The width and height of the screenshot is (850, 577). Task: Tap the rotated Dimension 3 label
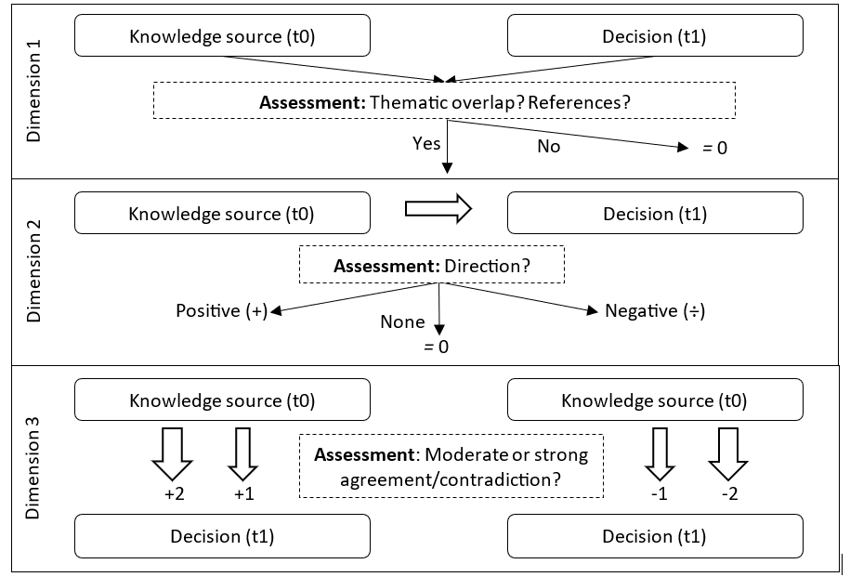pos(34,468)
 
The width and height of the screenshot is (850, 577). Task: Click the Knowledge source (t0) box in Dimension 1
pos(222,36)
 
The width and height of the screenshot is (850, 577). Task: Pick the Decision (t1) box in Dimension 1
pos(655,36)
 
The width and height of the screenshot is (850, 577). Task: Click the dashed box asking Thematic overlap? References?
pos(444,100)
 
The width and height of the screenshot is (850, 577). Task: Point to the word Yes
pos(426,143)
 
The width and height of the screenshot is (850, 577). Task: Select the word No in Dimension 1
pos(549,147)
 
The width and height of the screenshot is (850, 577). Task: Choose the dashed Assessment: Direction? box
pos(432,266)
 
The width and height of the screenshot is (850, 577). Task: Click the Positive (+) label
pos(222,310)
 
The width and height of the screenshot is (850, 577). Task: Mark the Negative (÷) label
pos(655,310)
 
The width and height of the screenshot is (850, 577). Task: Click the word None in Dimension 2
pos(402,322)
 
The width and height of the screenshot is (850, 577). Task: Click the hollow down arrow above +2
pos(172,452)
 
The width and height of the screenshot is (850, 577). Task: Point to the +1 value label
pos(243,493)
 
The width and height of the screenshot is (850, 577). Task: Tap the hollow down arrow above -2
pos(729,452)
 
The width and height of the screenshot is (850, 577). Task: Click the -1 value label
pos(659,493)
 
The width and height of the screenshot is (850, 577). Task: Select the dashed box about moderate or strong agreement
pos(451,466)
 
